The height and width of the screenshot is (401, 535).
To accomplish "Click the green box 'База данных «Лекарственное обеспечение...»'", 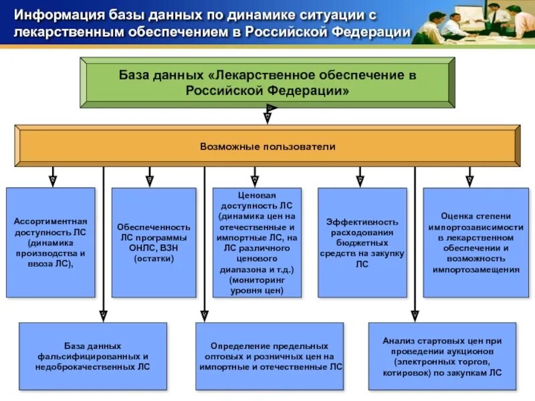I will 267,82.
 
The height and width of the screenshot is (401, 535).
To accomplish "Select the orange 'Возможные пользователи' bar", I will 267,146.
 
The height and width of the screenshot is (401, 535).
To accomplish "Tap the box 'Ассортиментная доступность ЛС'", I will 51,242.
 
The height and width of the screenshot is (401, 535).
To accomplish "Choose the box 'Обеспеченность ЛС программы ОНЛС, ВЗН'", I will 154,242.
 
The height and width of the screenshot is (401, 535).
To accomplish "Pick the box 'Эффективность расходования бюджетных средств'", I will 362,242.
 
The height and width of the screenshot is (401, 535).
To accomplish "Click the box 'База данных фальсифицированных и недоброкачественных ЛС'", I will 93,356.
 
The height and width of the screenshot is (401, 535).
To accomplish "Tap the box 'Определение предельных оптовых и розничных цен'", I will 270,356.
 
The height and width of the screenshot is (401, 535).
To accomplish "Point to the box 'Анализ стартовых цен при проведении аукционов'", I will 442,356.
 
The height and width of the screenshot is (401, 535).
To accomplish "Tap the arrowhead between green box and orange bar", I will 267,116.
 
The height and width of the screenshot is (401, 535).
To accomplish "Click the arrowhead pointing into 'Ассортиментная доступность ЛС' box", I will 53,180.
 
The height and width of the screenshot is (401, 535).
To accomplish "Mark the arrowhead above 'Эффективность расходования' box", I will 360,180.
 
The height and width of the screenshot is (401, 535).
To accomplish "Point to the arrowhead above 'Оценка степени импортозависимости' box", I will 469,180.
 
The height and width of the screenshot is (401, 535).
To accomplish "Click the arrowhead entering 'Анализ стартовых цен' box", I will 415,315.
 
